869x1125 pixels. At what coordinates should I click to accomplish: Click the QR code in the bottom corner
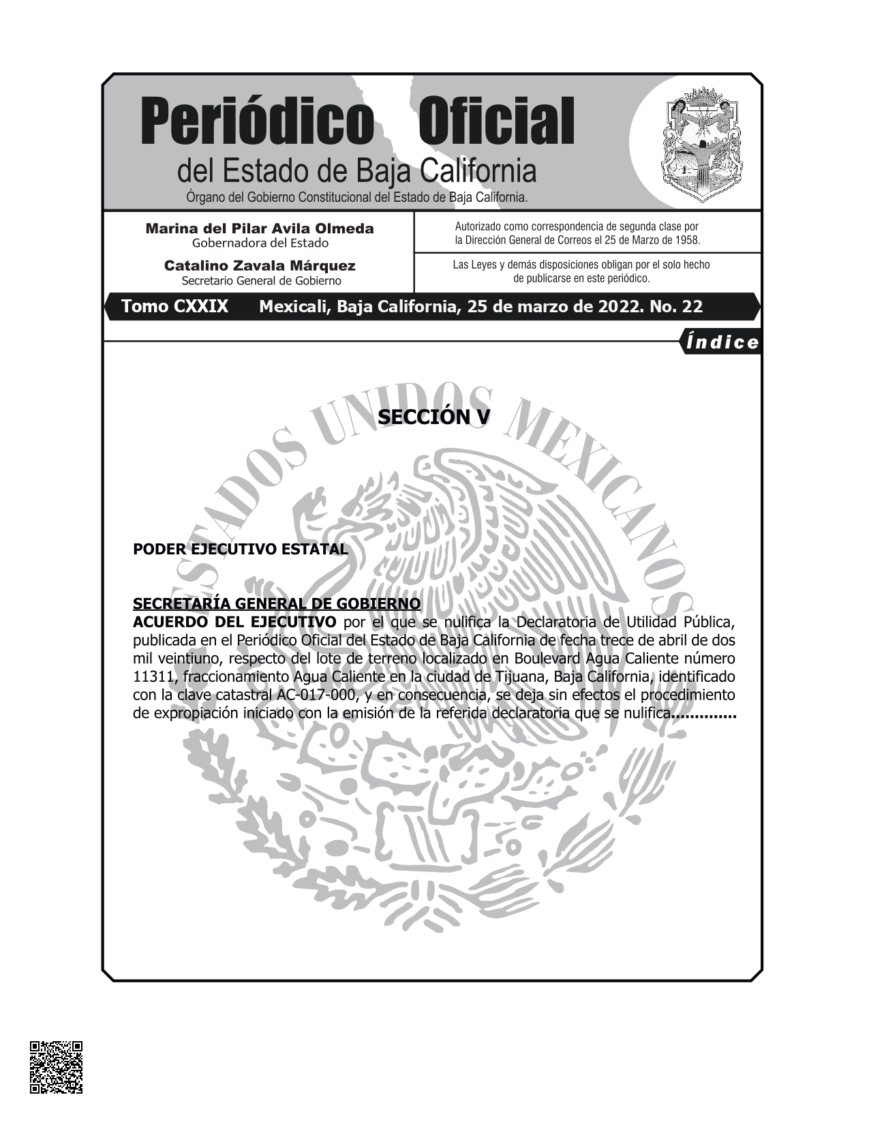(56, 1067)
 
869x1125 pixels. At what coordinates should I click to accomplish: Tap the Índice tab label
(722, 342)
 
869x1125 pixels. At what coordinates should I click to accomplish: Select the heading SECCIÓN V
(433, 417)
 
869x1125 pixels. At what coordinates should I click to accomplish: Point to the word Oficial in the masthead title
(496, 121)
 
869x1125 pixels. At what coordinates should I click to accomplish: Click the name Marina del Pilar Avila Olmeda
(260, 228)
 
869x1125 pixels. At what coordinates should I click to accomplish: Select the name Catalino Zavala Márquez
(260, 266)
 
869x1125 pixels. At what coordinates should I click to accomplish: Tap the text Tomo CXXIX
(174, 307)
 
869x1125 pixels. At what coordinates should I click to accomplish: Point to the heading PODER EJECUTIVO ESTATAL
(240, 549)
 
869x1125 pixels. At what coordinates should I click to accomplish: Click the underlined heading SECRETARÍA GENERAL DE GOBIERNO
(277, 603)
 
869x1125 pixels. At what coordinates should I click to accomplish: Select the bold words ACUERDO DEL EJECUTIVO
(234, 622)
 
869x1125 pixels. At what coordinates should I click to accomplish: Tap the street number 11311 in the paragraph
(153, 677)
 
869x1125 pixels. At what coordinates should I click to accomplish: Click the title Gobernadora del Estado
(260, 243)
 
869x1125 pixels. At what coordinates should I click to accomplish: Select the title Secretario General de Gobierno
(261, 281)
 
